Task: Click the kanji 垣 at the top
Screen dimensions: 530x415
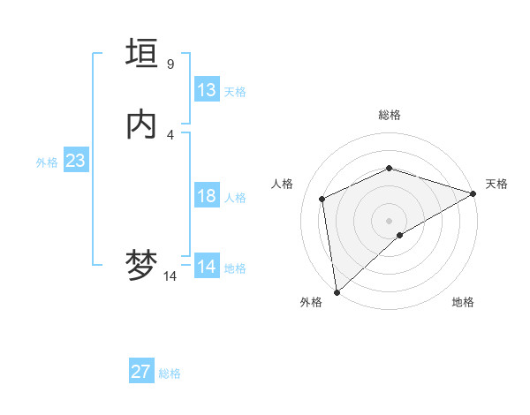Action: coord(141,54)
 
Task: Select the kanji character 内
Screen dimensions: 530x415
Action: coord(141,126)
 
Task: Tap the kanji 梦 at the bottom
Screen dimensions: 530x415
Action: coord(141,266)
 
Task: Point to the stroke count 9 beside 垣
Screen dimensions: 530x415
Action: coord(170,64)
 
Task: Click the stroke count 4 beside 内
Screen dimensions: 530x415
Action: coord(170,135)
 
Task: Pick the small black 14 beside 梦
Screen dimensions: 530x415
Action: coord(170,276)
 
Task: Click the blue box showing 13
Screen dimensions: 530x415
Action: coord(207,90)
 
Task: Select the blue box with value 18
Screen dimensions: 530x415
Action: coord(207,196)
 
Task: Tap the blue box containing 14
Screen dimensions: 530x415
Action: coord(207,267)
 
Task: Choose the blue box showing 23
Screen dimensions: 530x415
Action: coord(75,161)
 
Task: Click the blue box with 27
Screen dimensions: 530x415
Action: coord(141,372)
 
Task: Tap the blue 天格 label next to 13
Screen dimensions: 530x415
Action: coord(235,91)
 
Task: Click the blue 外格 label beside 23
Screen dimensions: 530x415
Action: coord(47,162)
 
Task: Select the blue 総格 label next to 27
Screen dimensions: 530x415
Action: coord(170,373)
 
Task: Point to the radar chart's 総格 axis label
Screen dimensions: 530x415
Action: coord(389,115)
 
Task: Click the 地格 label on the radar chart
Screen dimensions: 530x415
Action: coord(463,303)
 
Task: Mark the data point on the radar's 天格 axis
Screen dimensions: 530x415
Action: coord(473,194)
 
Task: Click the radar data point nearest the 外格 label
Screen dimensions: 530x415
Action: coord(337,291)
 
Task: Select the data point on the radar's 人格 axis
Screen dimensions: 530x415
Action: coord(322,199)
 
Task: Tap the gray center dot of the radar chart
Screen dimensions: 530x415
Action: coord(389,220)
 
